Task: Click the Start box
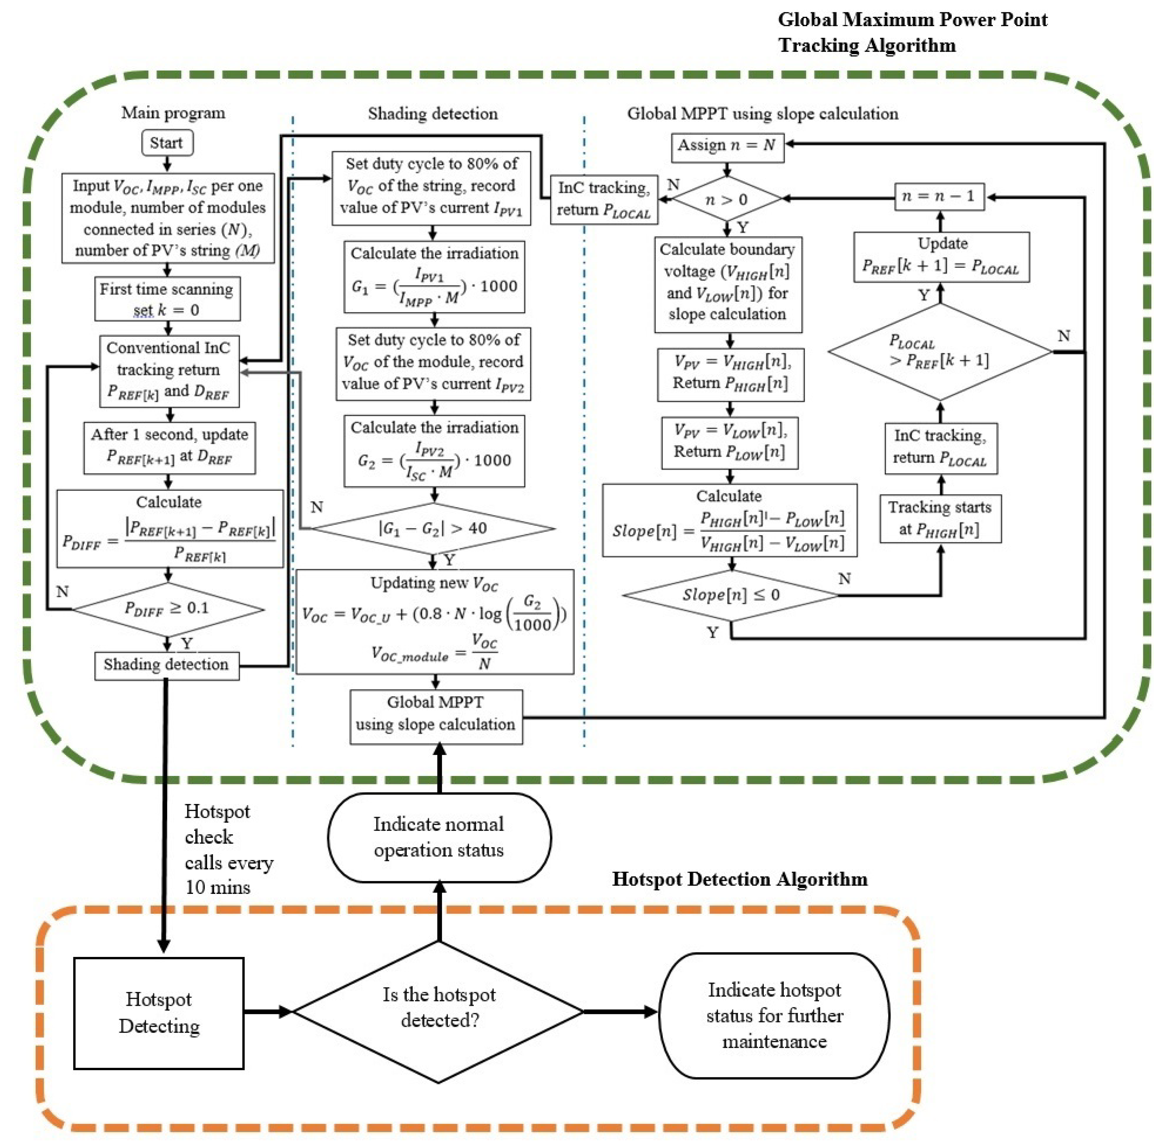tap(166, 143)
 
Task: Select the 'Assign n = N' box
tap(727, 146)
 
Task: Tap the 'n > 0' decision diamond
tap(727, 199)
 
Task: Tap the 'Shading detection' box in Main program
tap(166, 665)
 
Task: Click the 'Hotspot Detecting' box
tap(159, 1013)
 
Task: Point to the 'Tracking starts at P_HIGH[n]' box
tap(940, 518)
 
